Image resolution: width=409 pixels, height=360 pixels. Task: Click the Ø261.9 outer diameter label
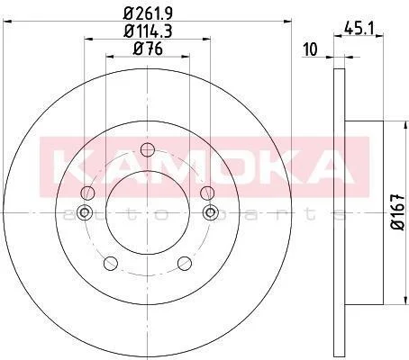[x=148, y=13]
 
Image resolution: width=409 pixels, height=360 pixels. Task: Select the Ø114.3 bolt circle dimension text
[x=148, y=31]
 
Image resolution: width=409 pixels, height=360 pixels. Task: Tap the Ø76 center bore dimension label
[x=148, y=49]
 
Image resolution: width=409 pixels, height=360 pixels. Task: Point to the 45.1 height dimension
[x=359, y=29]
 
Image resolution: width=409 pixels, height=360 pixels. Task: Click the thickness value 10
[x=310, y=49]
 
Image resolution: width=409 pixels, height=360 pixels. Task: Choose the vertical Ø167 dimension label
[x=399, y=211]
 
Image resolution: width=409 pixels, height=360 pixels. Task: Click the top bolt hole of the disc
[x=148, y=149]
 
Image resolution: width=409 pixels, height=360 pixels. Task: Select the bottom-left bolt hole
[x=111, y=263]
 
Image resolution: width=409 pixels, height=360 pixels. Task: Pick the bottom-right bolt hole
[x=185, y=263]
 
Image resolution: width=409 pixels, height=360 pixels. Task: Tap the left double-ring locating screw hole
[x=85, y=212]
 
